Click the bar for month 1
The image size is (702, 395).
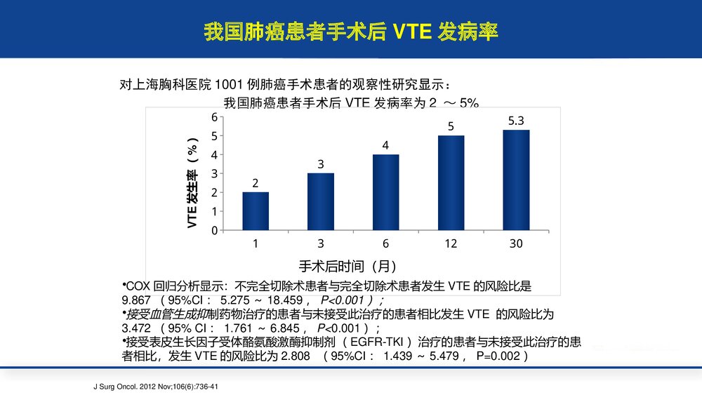pos(256,211)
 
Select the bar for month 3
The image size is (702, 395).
pos(320,201)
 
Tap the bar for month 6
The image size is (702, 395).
pos(385,192)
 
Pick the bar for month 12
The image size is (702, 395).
pos(451,182)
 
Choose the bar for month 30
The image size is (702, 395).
pos(516,180)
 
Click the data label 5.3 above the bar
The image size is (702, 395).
pos(516,121)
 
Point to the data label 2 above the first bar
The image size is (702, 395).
pos(256,183)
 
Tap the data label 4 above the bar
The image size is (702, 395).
pos(385,145)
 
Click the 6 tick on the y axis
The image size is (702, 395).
pos(214,117)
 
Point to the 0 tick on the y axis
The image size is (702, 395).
pos(214,230)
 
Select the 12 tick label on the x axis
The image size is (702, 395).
pos(451,243)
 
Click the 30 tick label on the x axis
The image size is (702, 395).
pos(516,243)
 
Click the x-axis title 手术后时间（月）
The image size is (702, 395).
pos(347,266)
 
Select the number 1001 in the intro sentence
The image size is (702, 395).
pos(231,85)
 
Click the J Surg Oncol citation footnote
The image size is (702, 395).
pos(159,386)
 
